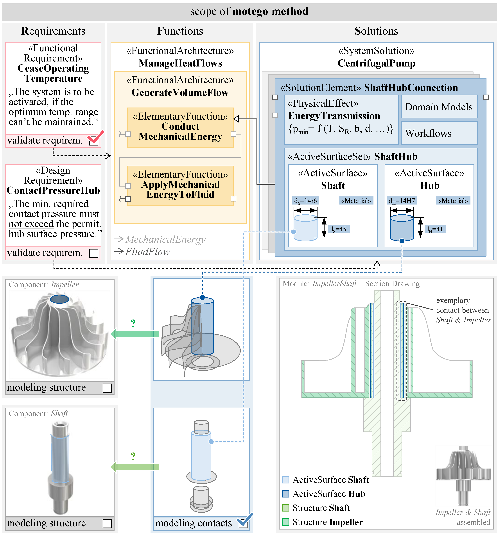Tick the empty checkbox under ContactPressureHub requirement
click(x=94, y=253)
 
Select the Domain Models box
click(x=439, y=107)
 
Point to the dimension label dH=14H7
click(x=402, y=201)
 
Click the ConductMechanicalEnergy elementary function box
click(x=180, y=128)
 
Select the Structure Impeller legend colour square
click(x=286, y=522)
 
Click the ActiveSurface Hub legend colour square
click(x=286, y=494)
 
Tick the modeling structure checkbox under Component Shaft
click(x=107, y=523)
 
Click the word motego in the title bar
click(x=250, y=11)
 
